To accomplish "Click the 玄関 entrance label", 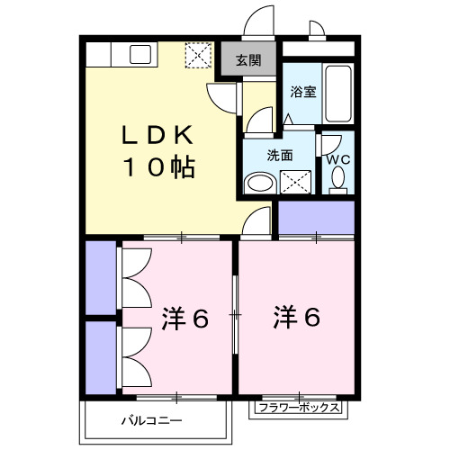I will coord(248,62).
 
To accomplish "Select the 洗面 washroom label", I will coord(280,154).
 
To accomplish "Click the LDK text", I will coord(158,135).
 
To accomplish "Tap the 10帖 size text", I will coord(158,167).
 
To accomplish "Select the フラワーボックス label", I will coord(297,408).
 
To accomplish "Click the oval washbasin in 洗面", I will coord(259,184).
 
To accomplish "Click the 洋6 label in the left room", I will coord(186,318).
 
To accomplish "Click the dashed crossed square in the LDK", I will coord(196,55).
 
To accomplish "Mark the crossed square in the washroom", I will coord(294,182).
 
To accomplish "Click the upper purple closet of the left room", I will coord(101,278).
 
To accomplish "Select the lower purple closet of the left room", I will coord(101,355).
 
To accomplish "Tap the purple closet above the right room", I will coord(315,217).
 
